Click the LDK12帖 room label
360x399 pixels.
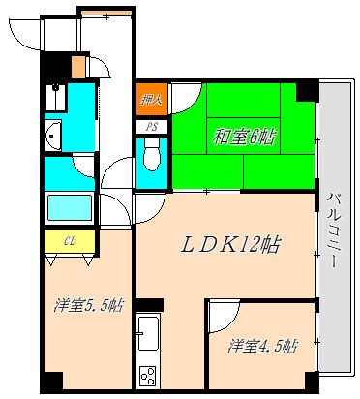pyautogui.click(x=231, y=245)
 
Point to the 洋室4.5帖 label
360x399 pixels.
pyautogui.click(x=263, y=346)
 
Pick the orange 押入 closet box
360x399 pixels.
pyautogui.click(x=151, y=99)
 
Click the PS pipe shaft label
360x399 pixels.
pyautogui.click(x=152, y=127)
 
